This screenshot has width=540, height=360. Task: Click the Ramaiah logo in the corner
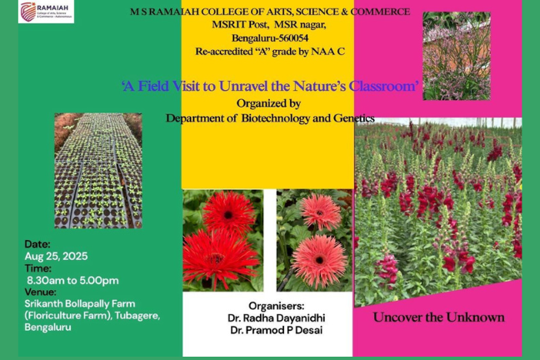tap(46, 12)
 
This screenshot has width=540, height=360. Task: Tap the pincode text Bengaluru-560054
tap(270, 37)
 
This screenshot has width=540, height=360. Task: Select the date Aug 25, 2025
tap(56, 257)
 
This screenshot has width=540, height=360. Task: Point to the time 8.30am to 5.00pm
tap(72, 281)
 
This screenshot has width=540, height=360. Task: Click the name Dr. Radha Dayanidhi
tap(276, 318)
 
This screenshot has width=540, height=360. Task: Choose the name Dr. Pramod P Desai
tap(276, 330)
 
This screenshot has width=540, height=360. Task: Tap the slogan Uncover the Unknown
tap(438, 317)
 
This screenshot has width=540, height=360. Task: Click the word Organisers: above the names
tap(276, 306)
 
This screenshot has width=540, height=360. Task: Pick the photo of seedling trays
tap(98, 171)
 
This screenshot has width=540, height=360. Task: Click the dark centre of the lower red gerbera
tap(215, 257)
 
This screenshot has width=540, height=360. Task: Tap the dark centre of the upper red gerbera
tap(228, 215)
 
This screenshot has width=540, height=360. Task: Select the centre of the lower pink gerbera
tap(319, 260)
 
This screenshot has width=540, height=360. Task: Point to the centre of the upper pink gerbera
tap(320, 212)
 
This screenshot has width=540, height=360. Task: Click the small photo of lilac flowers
tap(457, 56)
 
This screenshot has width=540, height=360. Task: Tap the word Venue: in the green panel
tap(40, 292)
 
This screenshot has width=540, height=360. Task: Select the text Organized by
tap(268, 103)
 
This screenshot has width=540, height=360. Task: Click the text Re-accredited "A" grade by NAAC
tap(270, 52)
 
